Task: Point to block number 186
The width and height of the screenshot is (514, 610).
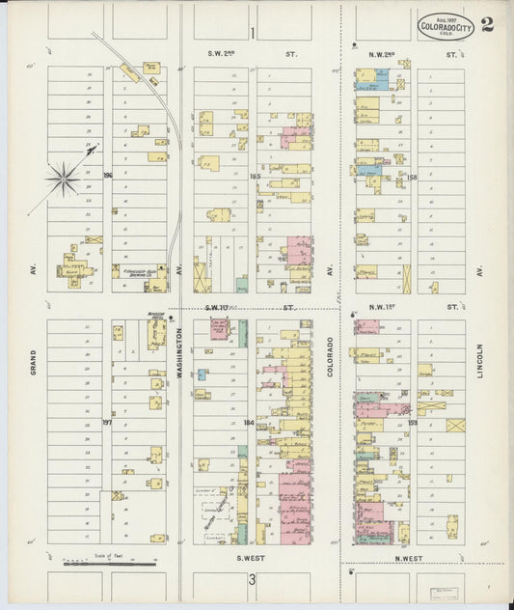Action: point(108,175)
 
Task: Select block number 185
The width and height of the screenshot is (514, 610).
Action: point(255,176)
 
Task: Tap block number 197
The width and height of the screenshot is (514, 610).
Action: point(107,422)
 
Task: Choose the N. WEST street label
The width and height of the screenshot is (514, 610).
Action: point(409,558)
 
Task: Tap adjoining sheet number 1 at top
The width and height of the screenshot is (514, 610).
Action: point(253,34)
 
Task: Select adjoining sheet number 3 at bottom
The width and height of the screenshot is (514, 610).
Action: point(253,579)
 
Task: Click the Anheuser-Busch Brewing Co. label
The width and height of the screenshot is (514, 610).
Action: point(140,273)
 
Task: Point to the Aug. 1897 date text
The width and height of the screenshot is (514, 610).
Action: point(445,18)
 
